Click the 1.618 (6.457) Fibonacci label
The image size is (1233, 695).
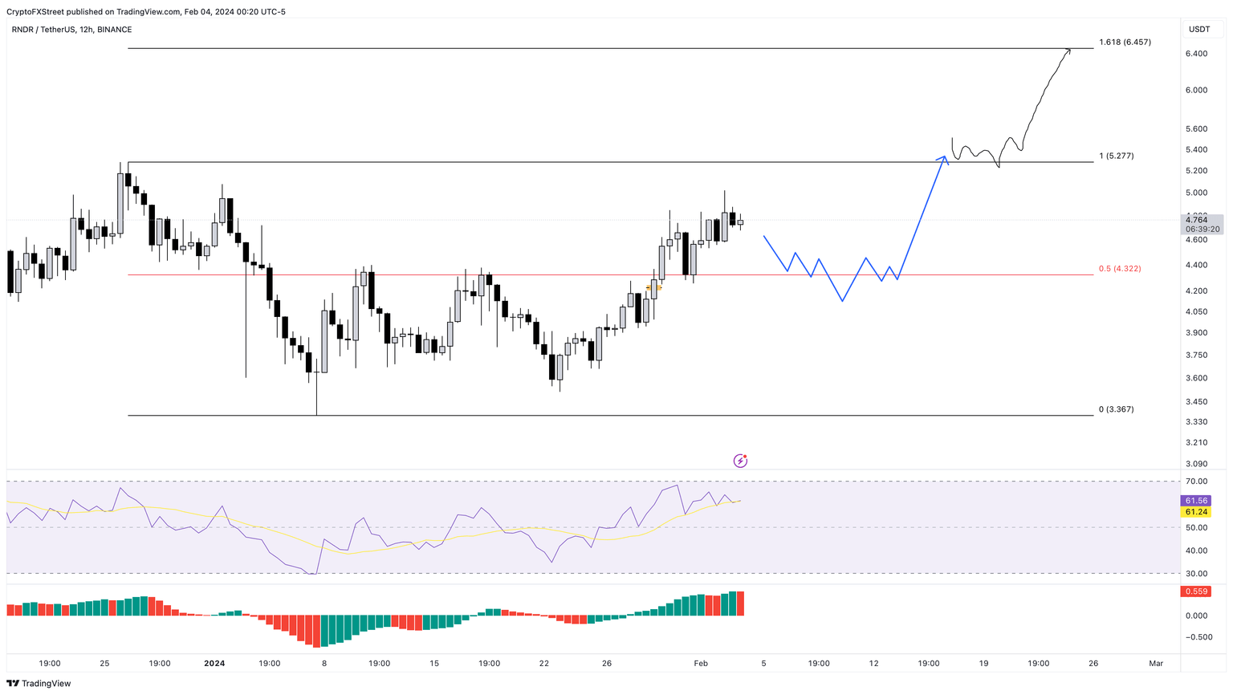click(1125, 42)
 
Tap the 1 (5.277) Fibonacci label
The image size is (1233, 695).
click(1116, 156)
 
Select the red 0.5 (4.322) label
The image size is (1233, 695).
click(1119, 269)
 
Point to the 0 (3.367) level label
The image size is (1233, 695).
click(1116, 409)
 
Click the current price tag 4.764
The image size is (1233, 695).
click(1196, 219)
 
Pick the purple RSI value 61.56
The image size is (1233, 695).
click(1196, 500)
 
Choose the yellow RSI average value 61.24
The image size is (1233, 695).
click(1196, 512)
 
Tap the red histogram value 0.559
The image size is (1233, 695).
click(1196, 591)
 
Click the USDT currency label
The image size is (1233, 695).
click(1199, 30)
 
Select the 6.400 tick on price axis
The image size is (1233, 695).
click(1196, 54)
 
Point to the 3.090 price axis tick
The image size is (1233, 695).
click(1196, 464)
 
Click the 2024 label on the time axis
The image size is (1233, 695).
click(214, 664)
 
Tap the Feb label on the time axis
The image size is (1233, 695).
click(701, 664)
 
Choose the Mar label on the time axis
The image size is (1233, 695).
click(1155, 664)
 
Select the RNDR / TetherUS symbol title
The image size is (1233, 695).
click(44, 30)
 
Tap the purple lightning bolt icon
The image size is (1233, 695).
click(740, 461)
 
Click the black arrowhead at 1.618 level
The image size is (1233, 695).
click(1068, 51)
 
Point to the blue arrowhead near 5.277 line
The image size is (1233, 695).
click(944, 159)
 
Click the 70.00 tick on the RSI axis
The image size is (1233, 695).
click(1196, 482)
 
